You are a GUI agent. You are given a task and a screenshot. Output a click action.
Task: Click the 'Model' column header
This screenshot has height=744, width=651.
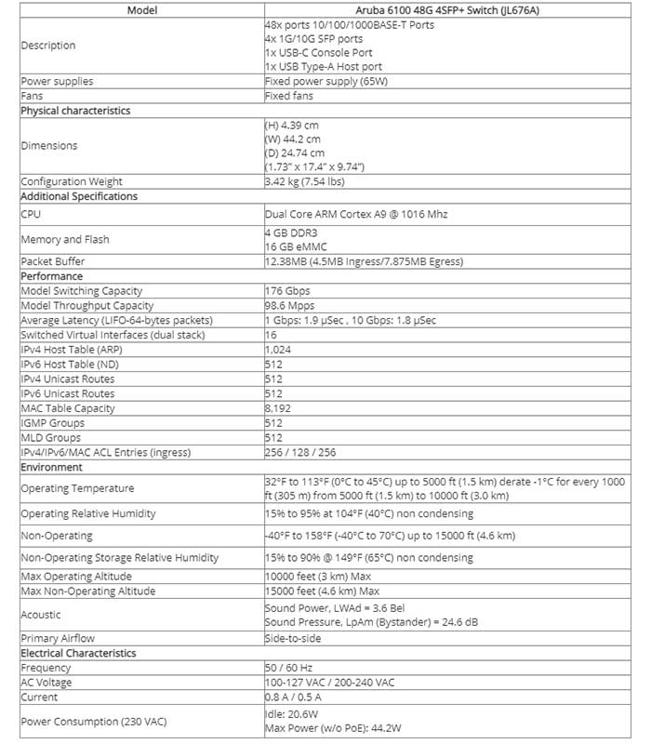(140, 10)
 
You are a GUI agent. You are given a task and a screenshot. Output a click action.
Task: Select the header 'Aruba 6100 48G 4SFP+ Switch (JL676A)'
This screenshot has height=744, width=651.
(445, 10)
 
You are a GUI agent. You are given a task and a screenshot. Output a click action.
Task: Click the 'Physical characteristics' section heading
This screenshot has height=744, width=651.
(75, 111)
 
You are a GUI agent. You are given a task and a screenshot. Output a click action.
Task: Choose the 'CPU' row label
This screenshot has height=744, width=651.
(32, 214)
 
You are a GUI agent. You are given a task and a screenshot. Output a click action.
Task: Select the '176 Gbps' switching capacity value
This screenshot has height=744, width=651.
(286, 291)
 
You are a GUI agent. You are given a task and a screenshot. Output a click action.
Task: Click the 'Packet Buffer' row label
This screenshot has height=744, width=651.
(52, 261)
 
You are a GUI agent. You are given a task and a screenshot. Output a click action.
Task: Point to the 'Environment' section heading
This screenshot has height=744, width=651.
(51, 467)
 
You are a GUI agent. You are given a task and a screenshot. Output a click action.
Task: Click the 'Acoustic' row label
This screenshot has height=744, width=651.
(40, 615)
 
